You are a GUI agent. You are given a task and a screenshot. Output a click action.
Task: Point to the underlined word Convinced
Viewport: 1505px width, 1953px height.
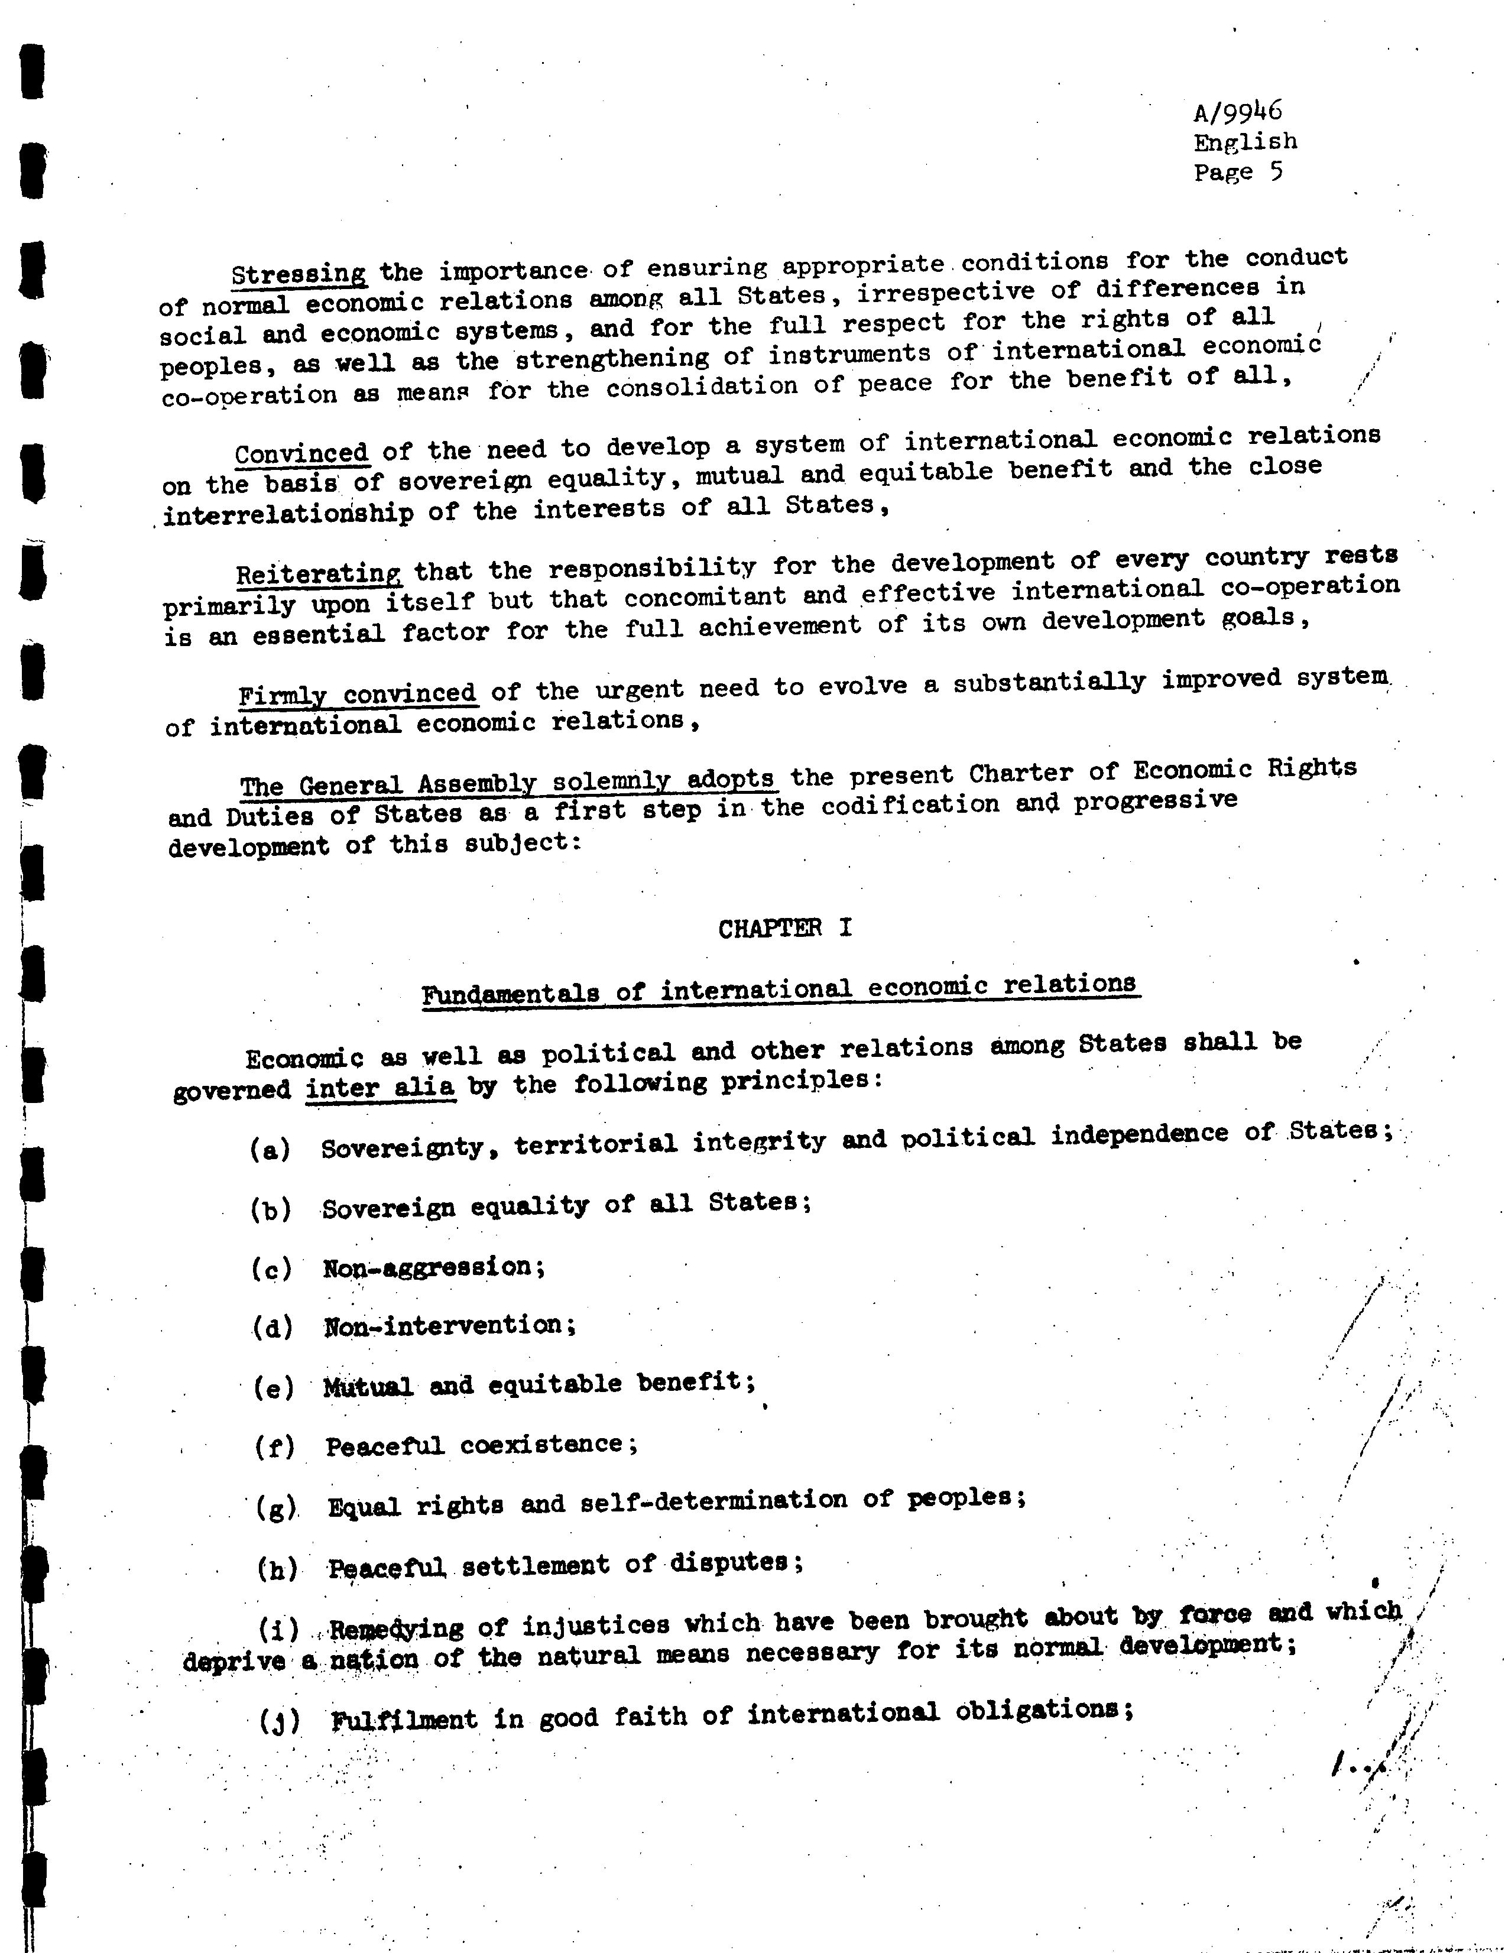302,453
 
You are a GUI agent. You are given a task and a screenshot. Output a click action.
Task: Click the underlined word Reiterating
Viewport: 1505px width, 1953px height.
319,573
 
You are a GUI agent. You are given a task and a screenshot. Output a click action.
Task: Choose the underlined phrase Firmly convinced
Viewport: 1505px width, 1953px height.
357,695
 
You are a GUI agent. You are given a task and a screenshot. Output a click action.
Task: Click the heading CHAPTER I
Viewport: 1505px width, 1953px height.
784,928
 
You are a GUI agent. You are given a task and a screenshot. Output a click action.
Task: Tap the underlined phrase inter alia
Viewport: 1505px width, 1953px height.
380,1090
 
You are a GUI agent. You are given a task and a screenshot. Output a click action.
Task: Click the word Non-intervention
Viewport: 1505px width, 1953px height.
450,1325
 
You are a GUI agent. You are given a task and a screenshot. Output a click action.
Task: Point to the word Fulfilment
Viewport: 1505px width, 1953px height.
404,1719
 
